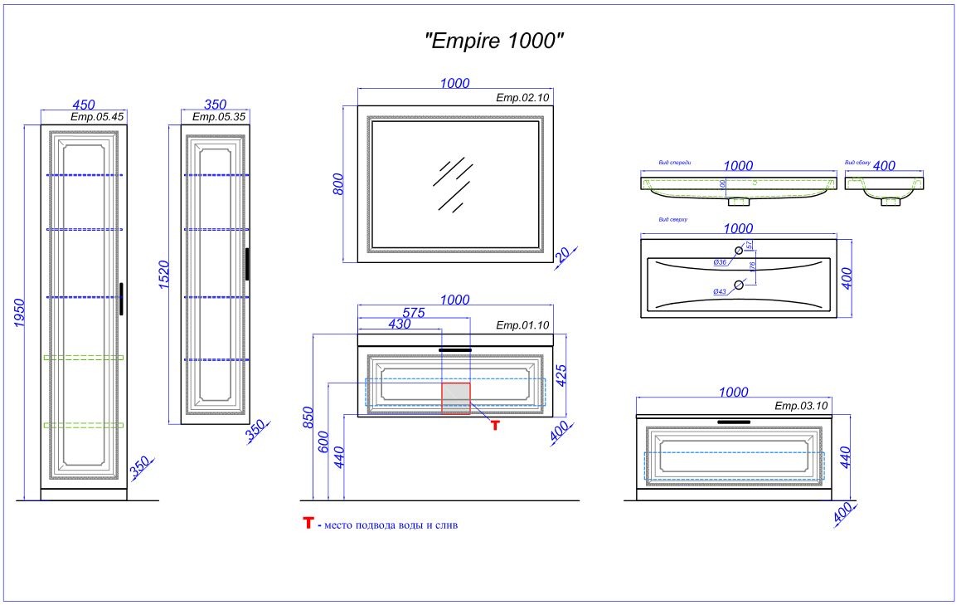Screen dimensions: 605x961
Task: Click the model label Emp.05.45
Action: pos(97,117)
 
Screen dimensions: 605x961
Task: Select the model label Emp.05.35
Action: pos(219,117)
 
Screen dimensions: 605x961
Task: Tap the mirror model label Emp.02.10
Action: pos(522,98)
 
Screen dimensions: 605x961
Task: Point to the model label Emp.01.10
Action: pos(522,325)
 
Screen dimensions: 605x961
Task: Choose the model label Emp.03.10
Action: pos(801,406)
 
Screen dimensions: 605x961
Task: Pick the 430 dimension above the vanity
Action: pos(400,325)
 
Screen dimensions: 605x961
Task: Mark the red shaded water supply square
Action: pos(456,398)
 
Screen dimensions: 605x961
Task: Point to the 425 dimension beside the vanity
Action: pos(561,378)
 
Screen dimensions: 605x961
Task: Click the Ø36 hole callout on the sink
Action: pos(720,262)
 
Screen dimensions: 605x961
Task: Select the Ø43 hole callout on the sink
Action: pos(720,291)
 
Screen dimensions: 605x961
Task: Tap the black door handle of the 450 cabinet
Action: pos(121,299)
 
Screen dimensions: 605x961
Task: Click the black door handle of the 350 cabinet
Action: pos(246,264)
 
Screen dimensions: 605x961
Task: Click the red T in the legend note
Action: pos(308,524)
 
